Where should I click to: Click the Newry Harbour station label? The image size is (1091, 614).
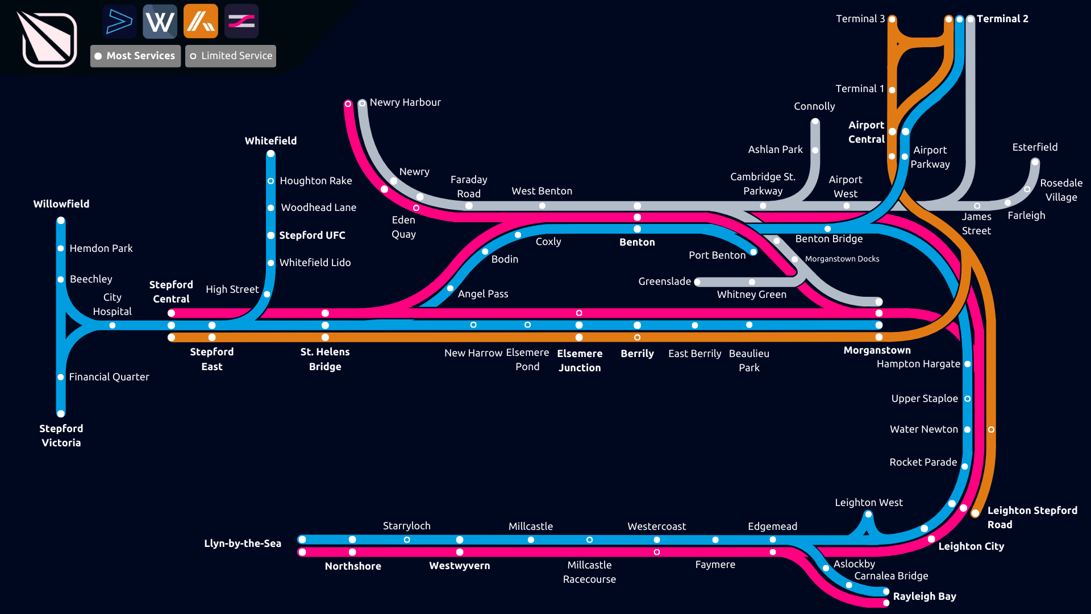pyautogui.click(x=405, y=102)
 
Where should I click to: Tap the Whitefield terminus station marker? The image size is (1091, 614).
pyautogui.click(x=271, y=153)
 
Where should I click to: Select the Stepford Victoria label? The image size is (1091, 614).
pyautogui.click(x=61, y=435)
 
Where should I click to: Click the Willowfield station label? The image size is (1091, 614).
pyautogui.click(x=61, y=204)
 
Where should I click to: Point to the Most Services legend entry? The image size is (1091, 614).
pyautogui.click(x=135, y=56)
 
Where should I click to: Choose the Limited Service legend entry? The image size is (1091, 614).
pyautogui.click(x=231, y=56)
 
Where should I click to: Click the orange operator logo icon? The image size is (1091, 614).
pyautogui.click(x=201, y=22)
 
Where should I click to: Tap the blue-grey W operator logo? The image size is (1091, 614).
pyautogui.click(x=160, y=22)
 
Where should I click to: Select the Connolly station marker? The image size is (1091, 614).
pyautogui.click(x=815, y=122)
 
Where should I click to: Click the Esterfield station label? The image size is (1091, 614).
pyautogui.click(x=1035, y=147)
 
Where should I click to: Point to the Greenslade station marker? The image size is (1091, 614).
pyautogui.click(x=698, y=282)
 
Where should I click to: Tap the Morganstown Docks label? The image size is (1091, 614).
pyautogui.click(x=842, y=259)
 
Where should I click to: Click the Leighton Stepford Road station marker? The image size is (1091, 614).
pyautogui.click(x=975, y=513)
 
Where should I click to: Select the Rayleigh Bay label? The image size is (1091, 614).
pyautogui.click(x=924, y=596)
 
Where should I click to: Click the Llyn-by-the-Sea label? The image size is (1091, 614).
pyautogui.click(x=243, y=543)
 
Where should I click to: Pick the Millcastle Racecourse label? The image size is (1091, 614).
pyautogui.click(x=589, y=572)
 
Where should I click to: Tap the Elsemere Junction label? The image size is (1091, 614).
pyautogui.click(x=579, y=360)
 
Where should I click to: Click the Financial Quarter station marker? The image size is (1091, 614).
pyautogui.click(x=61, y=377)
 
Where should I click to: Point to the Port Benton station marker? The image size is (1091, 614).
pyautogui.click(x=753, y=252)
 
